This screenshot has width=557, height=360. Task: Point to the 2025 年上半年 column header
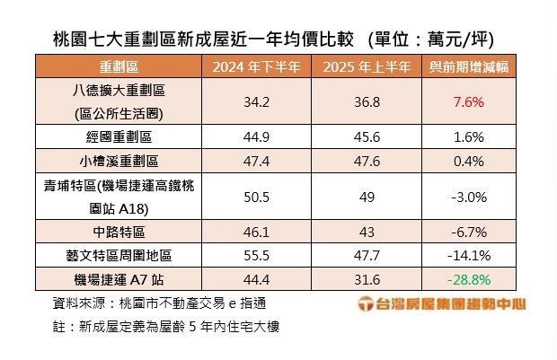(x=361, y=67)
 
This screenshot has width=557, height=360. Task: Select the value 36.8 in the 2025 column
(x=361, y=101)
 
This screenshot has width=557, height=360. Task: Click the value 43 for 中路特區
(x=361, y=231)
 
